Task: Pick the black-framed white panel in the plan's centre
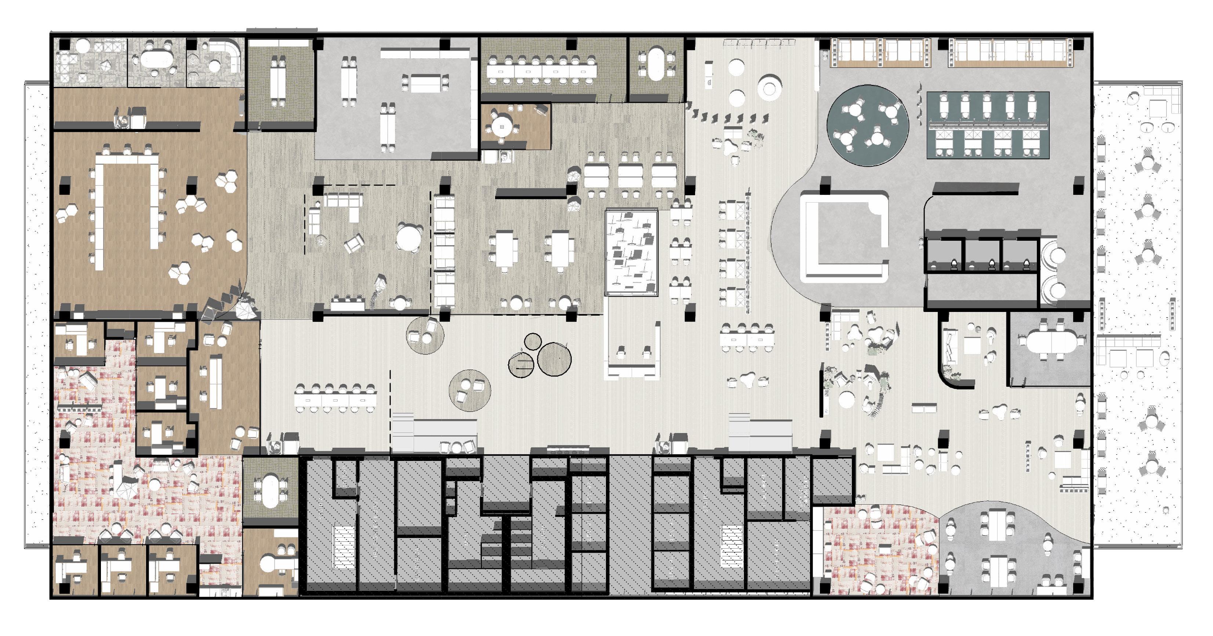631,253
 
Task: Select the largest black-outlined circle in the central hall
554,359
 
